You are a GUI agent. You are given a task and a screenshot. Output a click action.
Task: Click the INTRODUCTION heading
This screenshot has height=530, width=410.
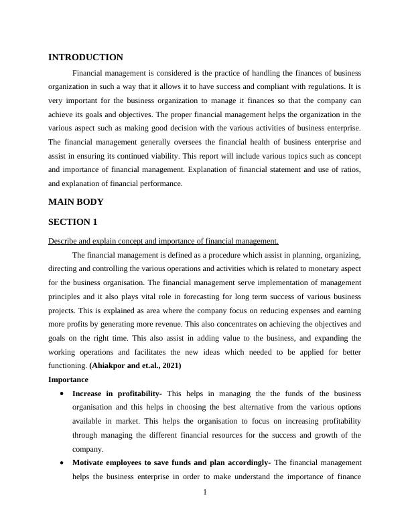[86, 58]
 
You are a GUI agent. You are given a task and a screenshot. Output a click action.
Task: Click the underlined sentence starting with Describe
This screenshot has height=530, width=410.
[163, 242]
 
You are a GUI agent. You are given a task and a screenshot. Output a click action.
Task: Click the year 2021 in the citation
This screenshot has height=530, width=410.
[169, 366]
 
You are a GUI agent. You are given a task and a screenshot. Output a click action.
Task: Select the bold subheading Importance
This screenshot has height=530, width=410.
[69, 379]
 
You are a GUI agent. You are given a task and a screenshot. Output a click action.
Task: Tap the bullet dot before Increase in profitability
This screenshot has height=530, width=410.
[62, 393]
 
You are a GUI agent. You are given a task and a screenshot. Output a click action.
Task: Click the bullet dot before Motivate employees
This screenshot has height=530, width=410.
[62, 462]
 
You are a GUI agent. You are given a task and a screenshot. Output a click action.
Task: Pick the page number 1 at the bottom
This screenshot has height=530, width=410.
[205, 493]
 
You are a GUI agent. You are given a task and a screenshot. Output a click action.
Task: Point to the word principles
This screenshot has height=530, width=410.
[66, 296]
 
